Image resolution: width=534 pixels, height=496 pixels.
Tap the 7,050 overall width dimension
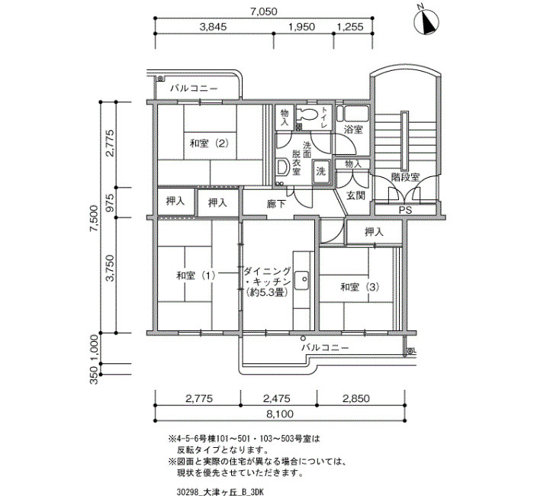point(264,11)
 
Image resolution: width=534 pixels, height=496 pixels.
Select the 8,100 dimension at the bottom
point(280,414)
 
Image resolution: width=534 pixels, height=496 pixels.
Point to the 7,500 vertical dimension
point(93,217)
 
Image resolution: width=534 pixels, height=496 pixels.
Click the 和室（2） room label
point(209,143)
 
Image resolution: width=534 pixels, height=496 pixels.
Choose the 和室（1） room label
point(196,275)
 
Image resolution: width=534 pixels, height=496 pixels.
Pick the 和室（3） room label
point(360,287)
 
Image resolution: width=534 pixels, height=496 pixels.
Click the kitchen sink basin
point(301,280)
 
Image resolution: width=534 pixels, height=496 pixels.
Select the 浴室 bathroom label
point(353,129)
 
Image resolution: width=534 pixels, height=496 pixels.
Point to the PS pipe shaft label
point(405,210)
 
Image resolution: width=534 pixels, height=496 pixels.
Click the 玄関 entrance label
point(355,195)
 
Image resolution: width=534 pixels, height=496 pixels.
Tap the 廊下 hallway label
point(276,204)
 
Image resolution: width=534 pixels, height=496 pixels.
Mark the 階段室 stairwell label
point(405,177)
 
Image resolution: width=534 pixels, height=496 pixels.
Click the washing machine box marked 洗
point(321,172)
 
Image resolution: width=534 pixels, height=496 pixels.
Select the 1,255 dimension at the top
point(350,27)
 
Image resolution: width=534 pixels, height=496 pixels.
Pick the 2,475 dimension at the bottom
point(276,398)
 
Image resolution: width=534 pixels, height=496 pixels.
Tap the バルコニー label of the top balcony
point(194,89)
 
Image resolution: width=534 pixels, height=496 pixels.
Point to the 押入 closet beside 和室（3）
point(374,232)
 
